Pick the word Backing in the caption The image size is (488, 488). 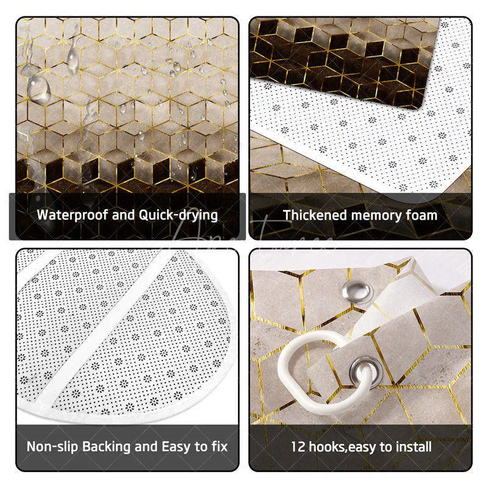110,446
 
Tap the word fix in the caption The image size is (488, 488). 218,446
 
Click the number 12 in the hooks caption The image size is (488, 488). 298,446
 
